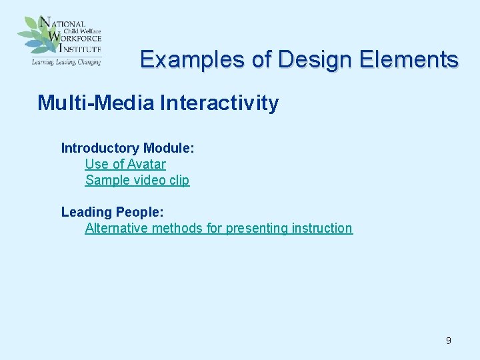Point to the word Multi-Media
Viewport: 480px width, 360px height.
(x=97, y=103)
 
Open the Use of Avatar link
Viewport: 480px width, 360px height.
(x=125, y=164)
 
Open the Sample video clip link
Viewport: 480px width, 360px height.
(x=137, y=180)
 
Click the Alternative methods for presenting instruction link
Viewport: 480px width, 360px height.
(x=218, y=228)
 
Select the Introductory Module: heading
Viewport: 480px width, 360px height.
(x=127, y=148)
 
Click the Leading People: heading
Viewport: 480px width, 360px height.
(x=112, y=212)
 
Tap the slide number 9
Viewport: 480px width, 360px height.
(x=448, y=341)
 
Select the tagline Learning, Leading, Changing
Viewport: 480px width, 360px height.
(x=65, y=61)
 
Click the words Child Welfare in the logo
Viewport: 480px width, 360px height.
(x=82, y=29)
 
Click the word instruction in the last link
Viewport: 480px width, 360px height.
(x=322, y=228)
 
